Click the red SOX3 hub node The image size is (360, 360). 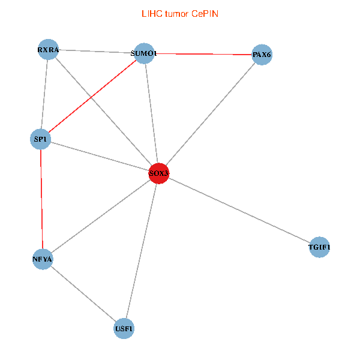(x=159, y=173)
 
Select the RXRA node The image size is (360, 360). (x=48, y=50)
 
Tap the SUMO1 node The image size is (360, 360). (x=143, y=53)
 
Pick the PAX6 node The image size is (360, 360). (x=262, y=55)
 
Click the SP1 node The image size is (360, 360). (x=40, y=139)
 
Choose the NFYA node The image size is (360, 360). (x=43, y=259)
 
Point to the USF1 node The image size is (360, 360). (x=124, y=328)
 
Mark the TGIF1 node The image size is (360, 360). (x=319, y=247)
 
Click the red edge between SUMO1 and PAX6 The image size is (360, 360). (x=204, y=54)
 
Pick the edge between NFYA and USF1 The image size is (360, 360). (x=83, y=293)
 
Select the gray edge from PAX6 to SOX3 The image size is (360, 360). (x=210, y=114)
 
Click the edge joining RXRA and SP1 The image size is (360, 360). (x=44, y=95)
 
